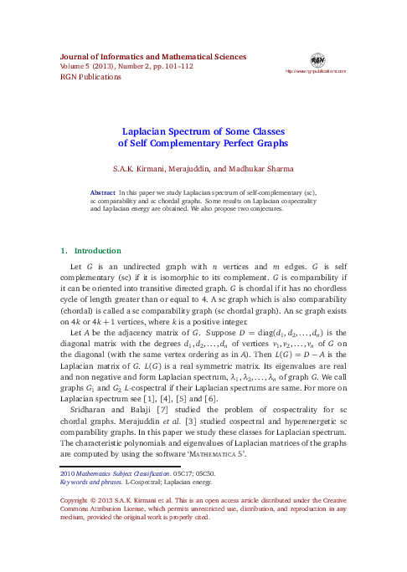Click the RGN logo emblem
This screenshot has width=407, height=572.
click(x=317, y=60)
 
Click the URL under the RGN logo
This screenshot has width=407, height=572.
click(x=316, y=72)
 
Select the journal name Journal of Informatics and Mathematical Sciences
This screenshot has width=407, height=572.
click(x=153, y=57)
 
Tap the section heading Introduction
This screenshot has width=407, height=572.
click(x=99, y=250)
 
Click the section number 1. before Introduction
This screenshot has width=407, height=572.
click(x=64, y=250)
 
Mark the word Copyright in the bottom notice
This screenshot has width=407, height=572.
click(x=77, y=500)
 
